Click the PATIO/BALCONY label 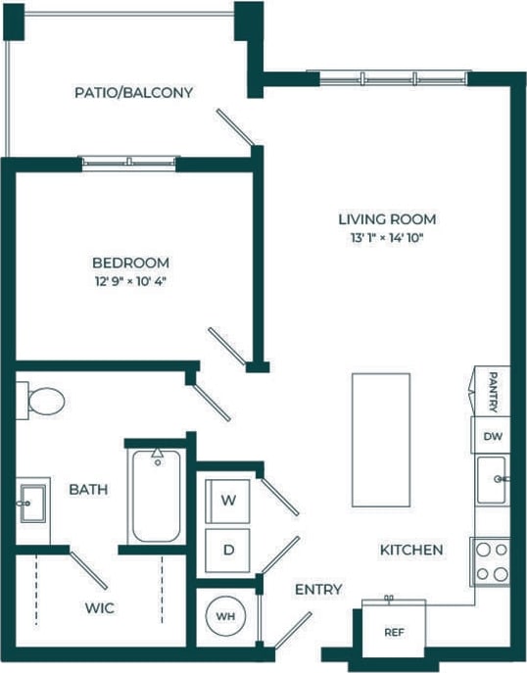click(x=133, y=93)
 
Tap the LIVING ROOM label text click(x=387, y=219)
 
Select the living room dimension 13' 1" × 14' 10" click(x=387, y=237)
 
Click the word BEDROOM click(x=130, y=263)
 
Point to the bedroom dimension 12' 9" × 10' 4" click(x=130, y=281)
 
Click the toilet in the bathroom click(x=42, y=400)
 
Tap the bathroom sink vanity click(x=31, y=502)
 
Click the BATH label click(x=88, y=489)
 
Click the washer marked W click(x=228, y=500)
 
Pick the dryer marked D click(x=228, y=551)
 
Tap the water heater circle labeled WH click(x=226, y=617)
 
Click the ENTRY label click(x=318, y=589)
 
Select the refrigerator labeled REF click(x=393, y=632)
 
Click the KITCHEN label click(x=410, y=551)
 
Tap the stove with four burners click(x=491, y=561)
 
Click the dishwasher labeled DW click(x=492, y=437)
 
